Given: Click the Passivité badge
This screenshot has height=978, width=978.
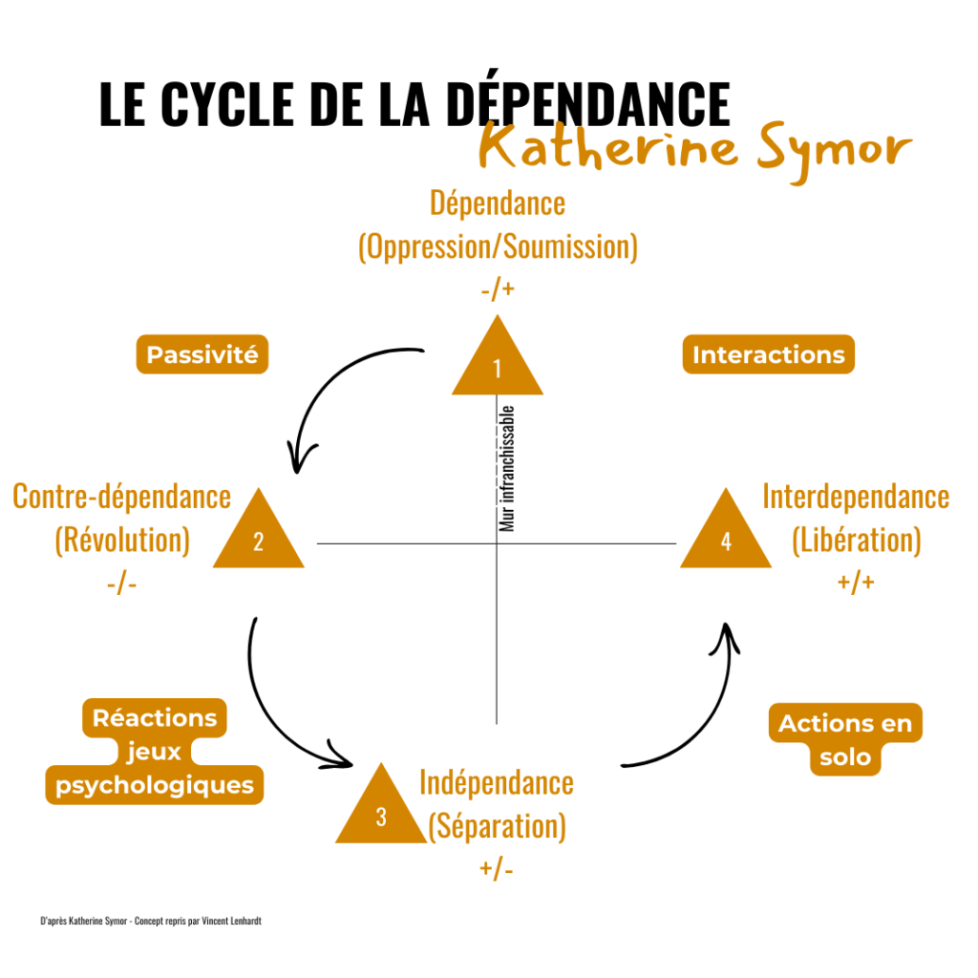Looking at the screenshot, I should point(202,355).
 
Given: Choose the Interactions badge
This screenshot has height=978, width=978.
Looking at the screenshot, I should point(769,355).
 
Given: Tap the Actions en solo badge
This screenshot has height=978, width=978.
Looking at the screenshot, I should point(845,740).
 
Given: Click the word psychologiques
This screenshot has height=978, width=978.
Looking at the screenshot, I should point(155,785).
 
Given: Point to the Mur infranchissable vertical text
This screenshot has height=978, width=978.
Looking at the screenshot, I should point(508,468).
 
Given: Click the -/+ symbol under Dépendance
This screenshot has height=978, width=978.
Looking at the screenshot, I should point(498,288).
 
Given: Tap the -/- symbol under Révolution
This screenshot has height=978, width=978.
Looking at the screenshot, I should point(122,583).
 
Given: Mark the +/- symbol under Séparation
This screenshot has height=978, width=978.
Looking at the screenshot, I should point(497,869).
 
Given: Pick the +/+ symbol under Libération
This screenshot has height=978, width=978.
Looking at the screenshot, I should point(856,583).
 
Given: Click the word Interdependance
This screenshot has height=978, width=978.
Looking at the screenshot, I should point(856,497).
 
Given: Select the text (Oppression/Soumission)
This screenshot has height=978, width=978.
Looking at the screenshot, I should point(498,246).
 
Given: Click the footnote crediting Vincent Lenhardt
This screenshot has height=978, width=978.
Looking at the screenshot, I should point(151,922).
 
